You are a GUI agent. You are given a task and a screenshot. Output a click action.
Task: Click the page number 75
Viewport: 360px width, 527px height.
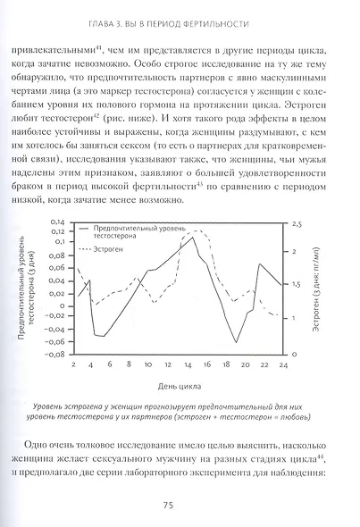click(180, 505)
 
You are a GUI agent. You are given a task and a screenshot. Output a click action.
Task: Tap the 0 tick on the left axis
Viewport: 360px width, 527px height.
click(63, 305)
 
